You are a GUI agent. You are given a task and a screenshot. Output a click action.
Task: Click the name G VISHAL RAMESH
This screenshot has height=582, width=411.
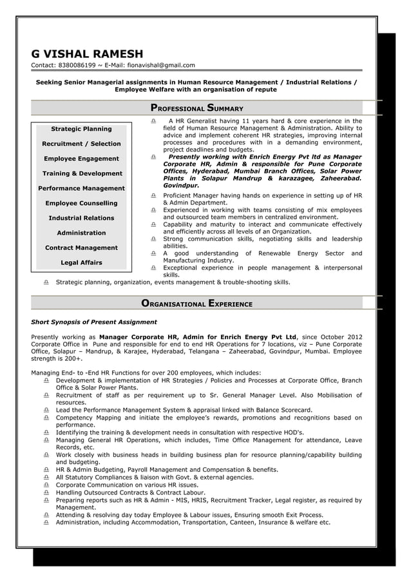[x=87, y=53]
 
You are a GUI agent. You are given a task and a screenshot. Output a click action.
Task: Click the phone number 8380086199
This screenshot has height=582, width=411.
[x=77, y=65]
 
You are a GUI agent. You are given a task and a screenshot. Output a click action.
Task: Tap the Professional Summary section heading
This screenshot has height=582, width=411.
[x=196, y=108]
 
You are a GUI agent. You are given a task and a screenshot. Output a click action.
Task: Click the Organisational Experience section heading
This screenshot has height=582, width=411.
[x=196, y=304]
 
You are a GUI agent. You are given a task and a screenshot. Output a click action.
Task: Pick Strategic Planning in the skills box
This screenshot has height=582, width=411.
[x=81, y=129]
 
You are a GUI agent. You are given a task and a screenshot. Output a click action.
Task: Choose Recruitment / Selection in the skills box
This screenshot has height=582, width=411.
[x=81, y=144]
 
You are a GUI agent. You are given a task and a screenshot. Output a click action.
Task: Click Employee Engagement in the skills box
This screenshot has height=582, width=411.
[x=81, y=159]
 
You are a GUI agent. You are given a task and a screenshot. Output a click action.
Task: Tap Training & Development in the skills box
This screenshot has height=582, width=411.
[x=81, y=173]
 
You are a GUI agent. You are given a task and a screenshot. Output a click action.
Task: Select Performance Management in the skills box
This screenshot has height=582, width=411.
[x=81, y=188]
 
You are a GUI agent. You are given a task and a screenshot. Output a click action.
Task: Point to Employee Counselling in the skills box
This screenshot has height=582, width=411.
[x=81, y=203]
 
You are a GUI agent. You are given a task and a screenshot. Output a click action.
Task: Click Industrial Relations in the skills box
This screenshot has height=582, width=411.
[x=81, y=218]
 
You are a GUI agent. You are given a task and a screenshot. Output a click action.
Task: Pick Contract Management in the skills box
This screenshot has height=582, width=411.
[x=81, y=247]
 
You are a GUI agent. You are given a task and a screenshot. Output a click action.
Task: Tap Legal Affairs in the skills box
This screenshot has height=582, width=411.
[x=81, y=262]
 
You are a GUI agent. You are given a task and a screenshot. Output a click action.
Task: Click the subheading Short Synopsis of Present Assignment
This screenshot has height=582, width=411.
[x=94, y=322]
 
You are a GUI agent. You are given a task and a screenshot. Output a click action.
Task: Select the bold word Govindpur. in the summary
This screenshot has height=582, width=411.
[x=181, y=185]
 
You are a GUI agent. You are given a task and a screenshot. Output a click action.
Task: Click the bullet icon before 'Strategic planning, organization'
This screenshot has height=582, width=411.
[x=46, y=282]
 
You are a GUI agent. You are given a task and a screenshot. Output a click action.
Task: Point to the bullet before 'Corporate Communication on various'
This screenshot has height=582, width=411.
[x=46, y=485]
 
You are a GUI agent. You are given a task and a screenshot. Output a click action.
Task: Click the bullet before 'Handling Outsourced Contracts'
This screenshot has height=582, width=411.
[x=46, y=492]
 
